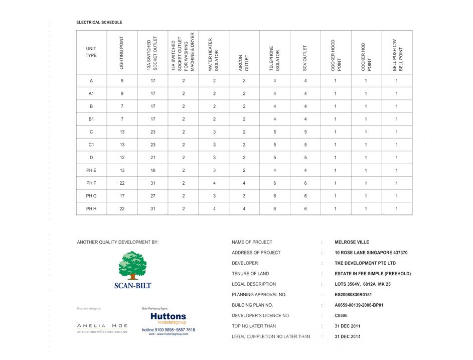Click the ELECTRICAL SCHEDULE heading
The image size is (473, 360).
(99, 23)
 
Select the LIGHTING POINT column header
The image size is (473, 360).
(122, 52)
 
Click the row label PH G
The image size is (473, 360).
(91, 196)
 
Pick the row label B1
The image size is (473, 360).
(91, 119)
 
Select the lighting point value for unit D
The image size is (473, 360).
(122, 158)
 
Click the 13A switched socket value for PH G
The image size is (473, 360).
(152, 196)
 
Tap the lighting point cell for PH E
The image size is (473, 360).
(122, 170)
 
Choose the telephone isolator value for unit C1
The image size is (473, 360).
(275, 145)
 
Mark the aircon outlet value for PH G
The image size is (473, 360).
(244, 196)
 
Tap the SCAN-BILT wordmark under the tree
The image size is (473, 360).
(132, 286)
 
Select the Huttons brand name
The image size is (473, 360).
(168, 317)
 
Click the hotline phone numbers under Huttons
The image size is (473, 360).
(169, 330)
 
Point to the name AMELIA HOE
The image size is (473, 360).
(102, 326)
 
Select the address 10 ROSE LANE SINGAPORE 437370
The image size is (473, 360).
(371, 253)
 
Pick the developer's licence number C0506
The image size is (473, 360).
(342, 316)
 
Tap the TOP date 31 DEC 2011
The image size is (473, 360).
(348, 326)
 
